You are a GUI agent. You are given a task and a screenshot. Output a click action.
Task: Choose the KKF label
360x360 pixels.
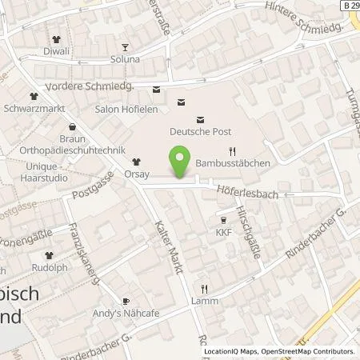(223, 233)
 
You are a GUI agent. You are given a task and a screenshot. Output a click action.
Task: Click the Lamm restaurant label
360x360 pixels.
(204, 301)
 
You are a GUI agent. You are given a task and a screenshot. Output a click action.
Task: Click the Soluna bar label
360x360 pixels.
(125, 59)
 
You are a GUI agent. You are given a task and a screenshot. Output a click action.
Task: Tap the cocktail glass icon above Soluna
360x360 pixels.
(124, 46)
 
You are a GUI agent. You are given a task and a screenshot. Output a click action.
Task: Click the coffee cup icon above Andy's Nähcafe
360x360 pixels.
(125, 300)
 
